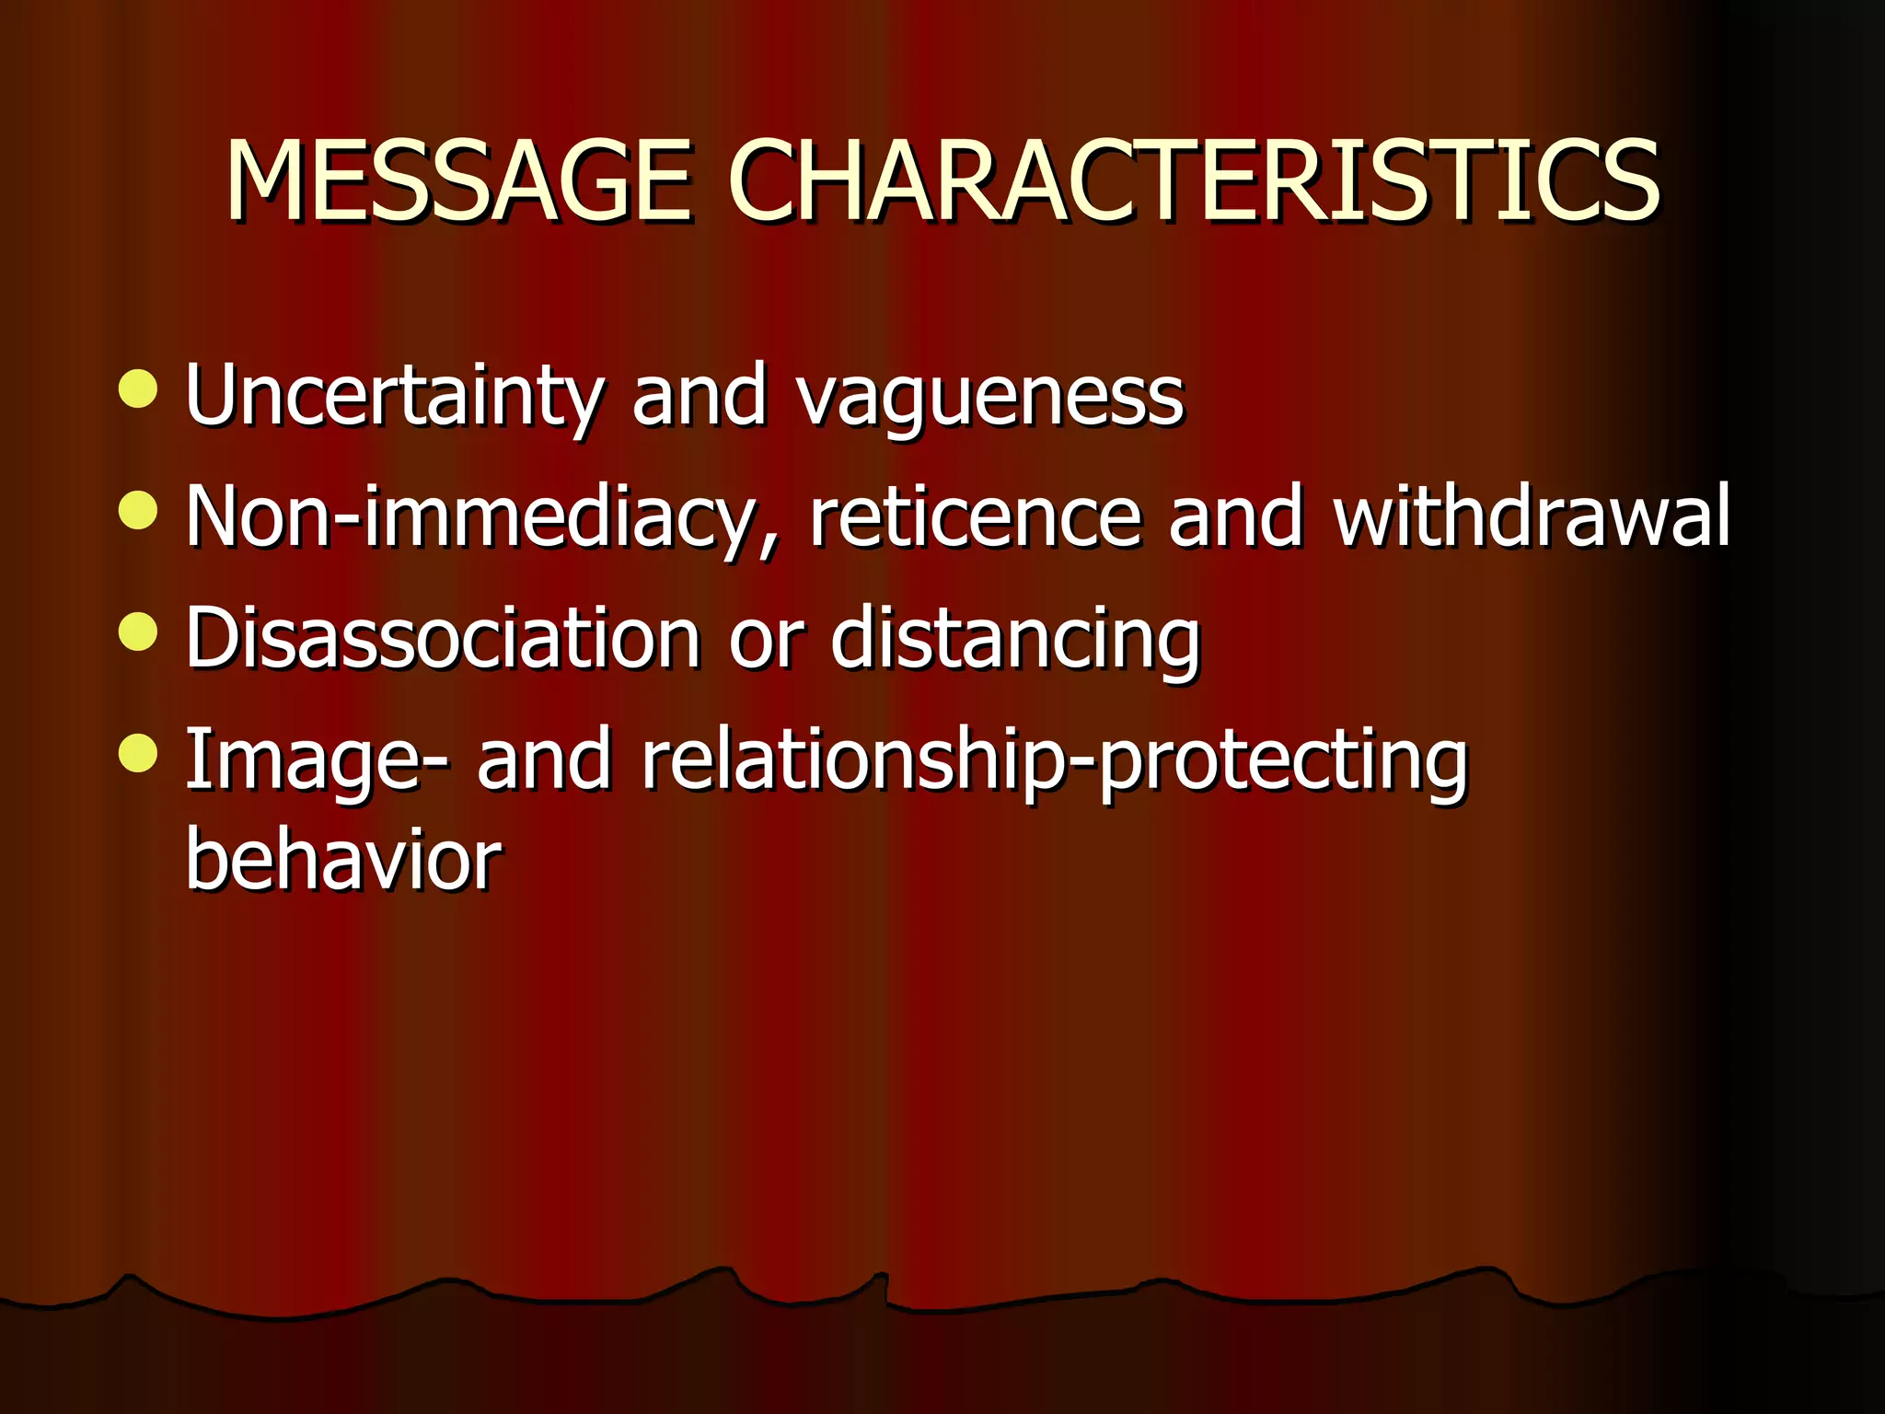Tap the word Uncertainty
click(393, 396)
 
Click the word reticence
click(974, 517)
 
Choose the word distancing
click(1015, 639)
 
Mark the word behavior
click(343, 860)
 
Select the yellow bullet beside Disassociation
click(138, 632)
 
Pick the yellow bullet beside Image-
click(138, 753)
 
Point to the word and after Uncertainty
click(700, 396)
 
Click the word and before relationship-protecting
click(544, 760)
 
